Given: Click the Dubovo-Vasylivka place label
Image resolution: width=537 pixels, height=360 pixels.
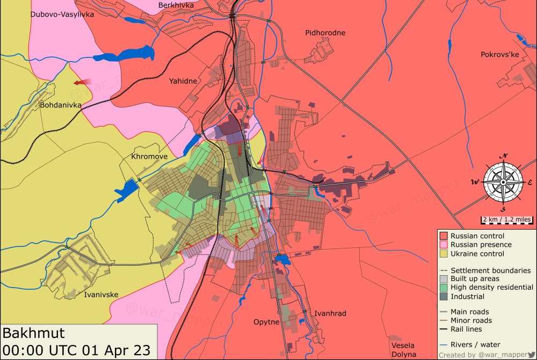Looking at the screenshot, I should (x=62, y=14).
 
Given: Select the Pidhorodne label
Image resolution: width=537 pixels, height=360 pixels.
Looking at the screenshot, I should (x=325, y=33).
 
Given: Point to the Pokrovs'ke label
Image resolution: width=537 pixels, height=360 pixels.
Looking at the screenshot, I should (x=499, y=55).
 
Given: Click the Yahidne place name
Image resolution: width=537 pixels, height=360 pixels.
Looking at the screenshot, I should (x=183, y=81).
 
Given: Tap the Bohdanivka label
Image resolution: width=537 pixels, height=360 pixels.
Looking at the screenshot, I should (x=60, y=105).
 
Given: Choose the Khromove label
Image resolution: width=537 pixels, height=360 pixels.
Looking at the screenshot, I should (x=149, y=157).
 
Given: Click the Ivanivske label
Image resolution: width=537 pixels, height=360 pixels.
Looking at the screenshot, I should (x=101, y=294).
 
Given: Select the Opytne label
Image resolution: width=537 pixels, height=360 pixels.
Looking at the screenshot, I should (x=266, y=322).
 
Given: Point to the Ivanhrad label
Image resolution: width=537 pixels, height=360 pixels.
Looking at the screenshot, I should (x=330, y=313).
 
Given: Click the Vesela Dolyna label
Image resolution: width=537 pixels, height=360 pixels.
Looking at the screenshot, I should (x=403, y=349).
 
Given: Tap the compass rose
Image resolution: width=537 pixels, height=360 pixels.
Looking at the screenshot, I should (x=503, y=182).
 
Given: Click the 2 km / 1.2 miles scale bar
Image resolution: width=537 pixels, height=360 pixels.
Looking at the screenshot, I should (x=507, y=219).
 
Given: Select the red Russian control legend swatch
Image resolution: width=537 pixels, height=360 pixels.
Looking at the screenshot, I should (x=444, y=236).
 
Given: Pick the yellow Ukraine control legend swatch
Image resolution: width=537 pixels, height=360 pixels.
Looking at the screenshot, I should (x=444, y=254).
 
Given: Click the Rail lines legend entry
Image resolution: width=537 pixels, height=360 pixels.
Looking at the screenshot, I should (x=466, y=329).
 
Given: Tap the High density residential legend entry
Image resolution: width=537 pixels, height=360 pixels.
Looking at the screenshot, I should (x=492, y=288).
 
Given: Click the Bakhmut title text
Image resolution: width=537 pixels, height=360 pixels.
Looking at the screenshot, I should (x=33, y=333).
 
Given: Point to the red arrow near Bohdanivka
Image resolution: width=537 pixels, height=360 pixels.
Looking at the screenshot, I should (x=82, y=83).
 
